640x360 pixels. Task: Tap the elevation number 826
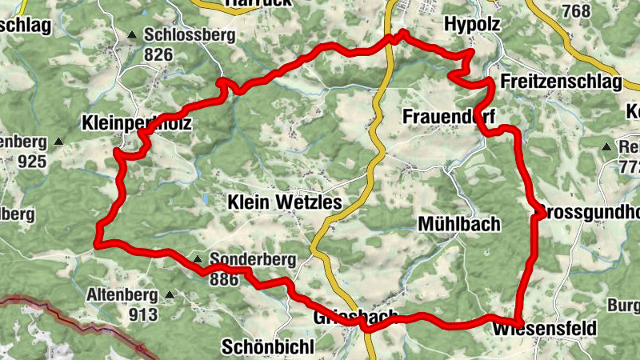tap(159, 54)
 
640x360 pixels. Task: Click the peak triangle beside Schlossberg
tap(132, 35)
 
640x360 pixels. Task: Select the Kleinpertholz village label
tap(137, 123)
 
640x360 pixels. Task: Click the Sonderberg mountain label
tap(252, 260)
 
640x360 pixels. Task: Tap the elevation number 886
tap(224, 279)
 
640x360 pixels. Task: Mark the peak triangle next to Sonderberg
tap(198, 259)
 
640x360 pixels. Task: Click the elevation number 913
tap(142, 314)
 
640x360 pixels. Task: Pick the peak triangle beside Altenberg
tap(169, 295)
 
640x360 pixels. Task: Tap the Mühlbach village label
tap(459, 224)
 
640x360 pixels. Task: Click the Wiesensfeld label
tap(546, 329)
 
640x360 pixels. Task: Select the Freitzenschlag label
tap(561, 82)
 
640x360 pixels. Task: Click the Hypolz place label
tap(471, 25)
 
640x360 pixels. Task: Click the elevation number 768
tap(576, 11)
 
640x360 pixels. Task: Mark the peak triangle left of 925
tap(58, 142)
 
